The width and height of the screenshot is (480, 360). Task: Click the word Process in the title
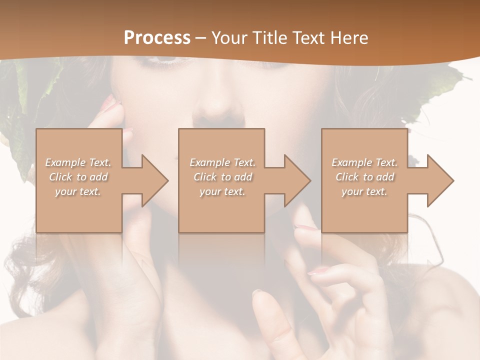click(157, 38)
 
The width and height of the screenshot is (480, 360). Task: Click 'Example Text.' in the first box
click(78, 162)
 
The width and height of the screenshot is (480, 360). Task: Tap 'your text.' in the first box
click(78, 191)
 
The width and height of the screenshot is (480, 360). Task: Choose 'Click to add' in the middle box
click(222, 177)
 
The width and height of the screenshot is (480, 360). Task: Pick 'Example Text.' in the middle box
click(222, 162)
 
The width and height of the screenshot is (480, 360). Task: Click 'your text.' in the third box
click(364, 191)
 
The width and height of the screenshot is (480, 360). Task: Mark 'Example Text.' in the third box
click(364, 162)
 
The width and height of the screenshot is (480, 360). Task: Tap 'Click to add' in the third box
click(364, 177)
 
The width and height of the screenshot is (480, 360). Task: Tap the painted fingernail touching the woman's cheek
click(111, 104)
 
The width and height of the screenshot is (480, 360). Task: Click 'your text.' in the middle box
click(222, 191)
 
